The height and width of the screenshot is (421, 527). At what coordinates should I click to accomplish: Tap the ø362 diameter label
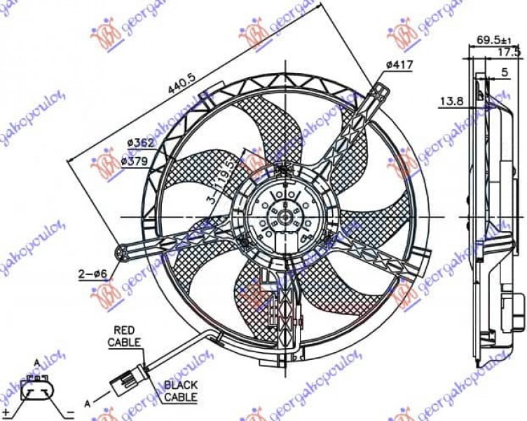[x=140, y=143]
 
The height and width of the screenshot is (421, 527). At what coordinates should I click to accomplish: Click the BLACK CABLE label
[x=180, y=391]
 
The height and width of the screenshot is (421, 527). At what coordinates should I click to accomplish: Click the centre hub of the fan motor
[x=286, y=216]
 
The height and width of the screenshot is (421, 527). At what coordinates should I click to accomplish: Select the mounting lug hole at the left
[x=123, y=250]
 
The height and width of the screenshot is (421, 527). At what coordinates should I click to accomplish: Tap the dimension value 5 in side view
[x=505, y=71]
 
